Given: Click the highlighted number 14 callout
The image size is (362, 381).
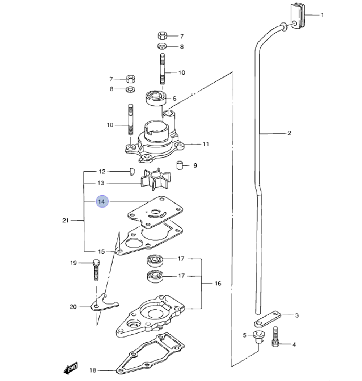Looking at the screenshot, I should [102, 202].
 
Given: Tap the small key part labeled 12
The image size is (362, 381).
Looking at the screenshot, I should [132, 171].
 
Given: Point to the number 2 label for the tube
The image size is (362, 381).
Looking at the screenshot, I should [289, 133].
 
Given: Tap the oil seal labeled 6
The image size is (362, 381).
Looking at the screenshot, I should [155, 98].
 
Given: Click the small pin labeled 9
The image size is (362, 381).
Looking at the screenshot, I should [180, 166].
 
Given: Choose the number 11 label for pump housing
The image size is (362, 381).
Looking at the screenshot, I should [206, 144].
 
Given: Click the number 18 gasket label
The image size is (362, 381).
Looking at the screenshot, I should [93, 370].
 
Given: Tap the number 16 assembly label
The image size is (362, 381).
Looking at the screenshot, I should [218, 284].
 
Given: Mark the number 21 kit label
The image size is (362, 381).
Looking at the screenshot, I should [65, 220].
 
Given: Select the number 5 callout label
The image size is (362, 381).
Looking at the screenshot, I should [244, 335].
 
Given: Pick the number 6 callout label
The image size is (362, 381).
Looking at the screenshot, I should [174, 99].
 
